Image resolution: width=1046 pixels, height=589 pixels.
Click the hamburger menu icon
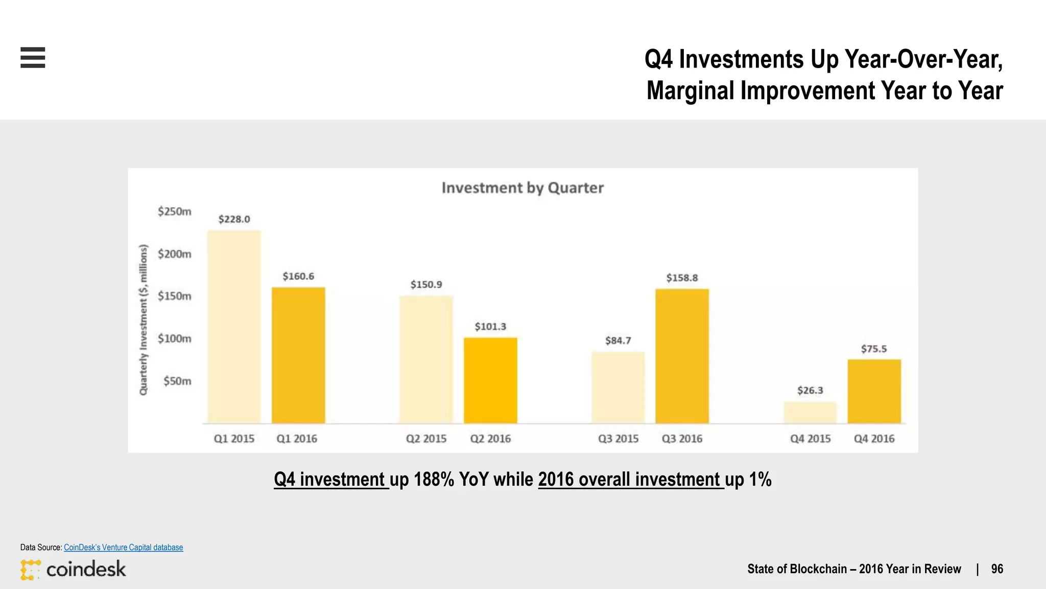pos(33,57)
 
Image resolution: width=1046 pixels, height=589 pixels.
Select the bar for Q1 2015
pos(234,327)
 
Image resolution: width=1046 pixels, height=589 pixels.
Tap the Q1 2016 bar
pos(298,355)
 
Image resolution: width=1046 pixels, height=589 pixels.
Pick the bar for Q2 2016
pos(490,380)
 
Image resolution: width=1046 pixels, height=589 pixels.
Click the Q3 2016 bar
pos(682,356)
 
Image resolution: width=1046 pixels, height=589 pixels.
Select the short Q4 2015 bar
pos(810,413)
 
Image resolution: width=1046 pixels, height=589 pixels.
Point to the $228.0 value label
pos(234,219)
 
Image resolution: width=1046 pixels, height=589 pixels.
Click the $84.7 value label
pos(618,341)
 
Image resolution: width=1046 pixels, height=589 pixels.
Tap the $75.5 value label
pos(874,349)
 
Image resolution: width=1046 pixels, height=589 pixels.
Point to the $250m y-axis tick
pos(174,211)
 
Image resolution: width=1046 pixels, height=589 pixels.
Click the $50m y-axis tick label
pos(177,381)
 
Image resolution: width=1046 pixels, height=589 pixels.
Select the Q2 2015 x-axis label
pos(426,439)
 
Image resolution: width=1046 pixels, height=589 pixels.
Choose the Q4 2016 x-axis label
pos(874,439)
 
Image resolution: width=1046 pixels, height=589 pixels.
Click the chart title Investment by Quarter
pos(522,188)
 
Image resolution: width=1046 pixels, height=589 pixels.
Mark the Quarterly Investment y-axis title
pos(144,320)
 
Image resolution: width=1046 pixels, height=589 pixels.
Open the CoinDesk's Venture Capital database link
pos(123,547)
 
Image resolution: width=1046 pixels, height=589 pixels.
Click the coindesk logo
pos(73,569)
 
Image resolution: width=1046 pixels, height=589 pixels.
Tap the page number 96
pos(997,569)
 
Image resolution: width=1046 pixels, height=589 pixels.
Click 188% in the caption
pos(434,480)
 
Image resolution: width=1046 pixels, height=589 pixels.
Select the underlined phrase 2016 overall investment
pos(631,480)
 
